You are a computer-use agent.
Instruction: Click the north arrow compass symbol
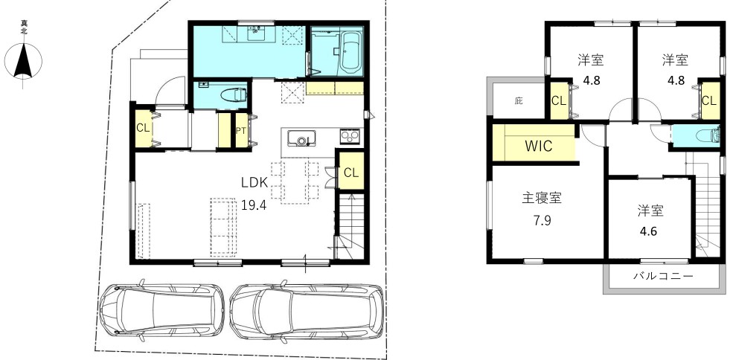tap(23, 60)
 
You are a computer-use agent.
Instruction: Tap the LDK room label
tap(254, 183)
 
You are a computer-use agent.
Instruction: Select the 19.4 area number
tap(254, 205)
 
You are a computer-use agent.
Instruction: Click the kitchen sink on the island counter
tap(301, 138)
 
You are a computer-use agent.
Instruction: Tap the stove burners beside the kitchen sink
tap(349, 136)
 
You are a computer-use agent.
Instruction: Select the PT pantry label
tap(240, 131)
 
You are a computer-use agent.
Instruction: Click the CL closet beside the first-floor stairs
tap(351, 173)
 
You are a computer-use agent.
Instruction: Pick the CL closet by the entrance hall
tap(144, 128)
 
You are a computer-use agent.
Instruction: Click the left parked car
tap(162, 309)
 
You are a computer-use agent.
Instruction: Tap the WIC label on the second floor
tap(539, 146)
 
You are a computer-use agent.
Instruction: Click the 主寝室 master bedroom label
tap(542, 199)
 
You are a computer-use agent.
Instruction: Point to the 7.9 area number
tap(542, 220)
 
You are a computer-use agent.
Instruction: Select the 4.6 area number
tap(648, 231)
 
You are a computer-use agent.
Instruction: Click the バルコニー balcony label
tap(664, 276)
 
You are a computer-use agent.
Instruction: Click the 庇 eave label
tap(519, 100)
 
